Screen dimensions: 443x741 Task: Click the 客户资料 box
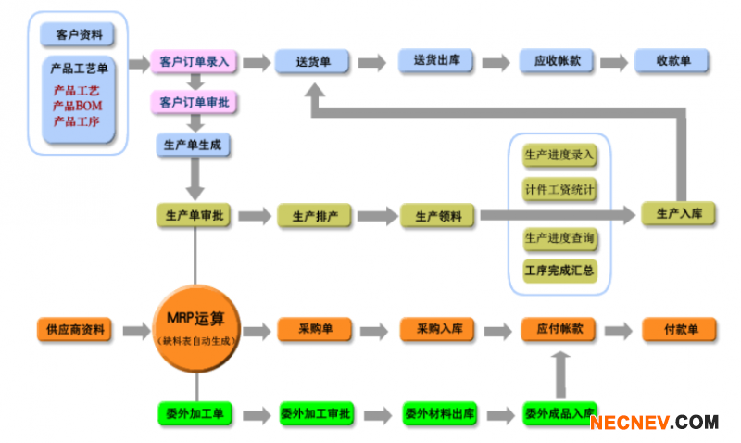pos(79,35)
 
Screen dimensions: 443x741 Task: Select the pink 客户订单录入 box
pos(195,62)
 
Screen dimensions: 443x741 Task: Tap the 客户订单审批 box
pos(195,101)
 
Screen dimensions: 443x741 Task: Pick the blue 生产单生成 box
pos(194,146)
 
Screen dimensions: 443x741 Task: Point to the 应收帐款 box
pos(558,61)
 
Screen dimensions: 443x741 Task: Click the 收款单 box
pos(672,61)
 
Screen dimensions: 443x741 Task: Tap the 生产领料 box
pos(438,216)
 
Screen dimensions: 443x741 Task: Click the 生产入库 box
pos(679,214)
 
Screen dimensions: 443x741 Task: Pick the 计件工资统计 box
pos(559,190)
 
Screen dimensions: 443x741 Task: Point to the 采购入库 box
pos(437,329)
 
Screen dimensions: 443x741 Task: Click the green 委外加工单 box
pos(195,413)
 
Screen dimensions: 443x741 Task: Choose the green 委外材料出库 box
pos(437,413)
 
